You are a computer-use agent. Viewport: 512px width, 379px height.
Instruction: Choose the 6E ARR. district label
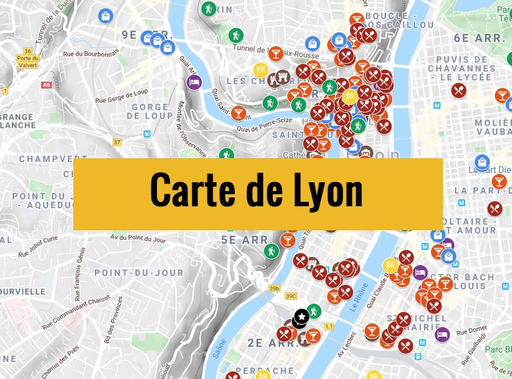pyautogui.click(x=479, y=37)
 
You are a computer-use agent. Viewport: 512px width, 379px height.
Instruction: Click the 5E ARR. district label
pyautogui.click(x=245, y=240)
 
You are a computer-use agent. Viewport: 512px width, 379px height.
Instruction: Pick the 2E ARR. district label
pyautogui.click(x=264, y=342)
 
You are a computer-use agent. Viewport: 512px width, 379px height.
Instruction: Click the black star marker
pyautogui.click(x=302, y=316)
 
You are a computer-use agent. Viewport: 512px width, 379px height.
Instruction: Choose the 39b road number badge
pyautogui.click(x=274, y=289)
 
